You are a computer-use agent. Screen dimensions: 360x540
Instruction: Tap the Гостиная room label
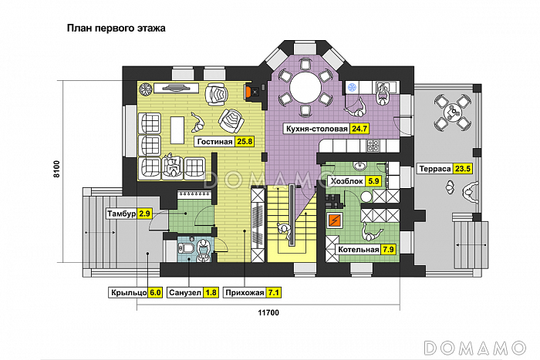(214, 142)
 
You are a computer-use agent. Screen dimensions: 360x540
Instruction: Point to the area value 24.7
(359, 129)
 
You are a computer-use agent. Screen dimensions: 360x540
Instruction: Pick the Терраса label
(434, 169)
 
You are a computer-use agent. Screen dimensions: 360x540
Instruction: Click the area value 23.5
(463, 169)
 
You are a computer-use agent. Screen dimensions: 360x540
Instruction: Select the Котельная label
(357, 250)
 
